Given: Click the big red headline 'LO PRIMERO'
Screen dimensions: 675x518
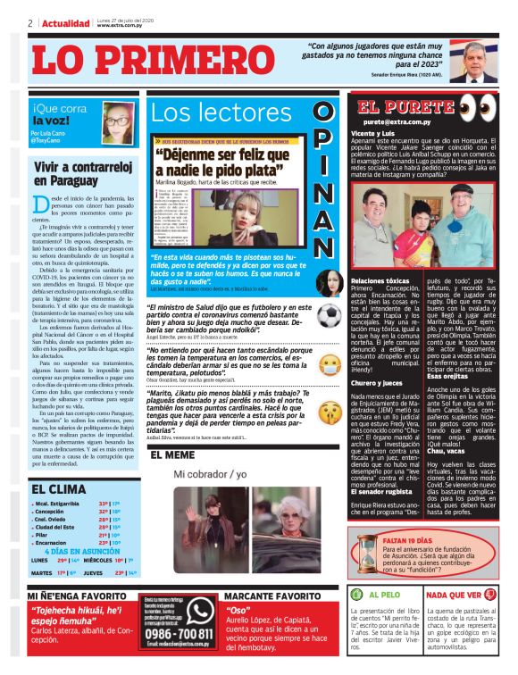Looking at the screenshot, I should coord(142,61).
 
